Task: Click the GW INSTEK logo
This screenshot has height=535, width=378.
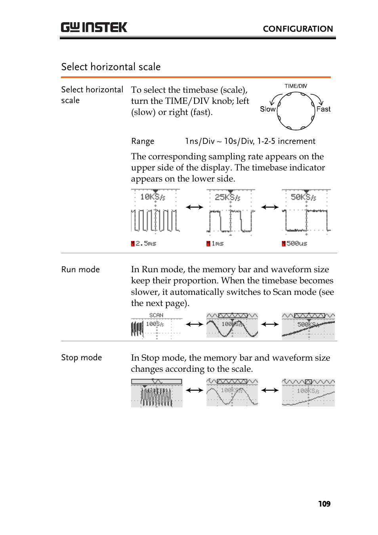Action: click(x=94, y=27)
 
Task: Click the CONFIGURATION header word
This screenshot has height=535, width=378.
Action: click(x=298, y=29)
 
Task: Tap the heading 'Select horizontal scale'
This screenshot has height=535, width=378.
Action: click(x=111, y=67)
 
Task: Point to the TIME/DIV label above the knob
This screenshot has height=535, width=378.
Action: click(x=296, y=86)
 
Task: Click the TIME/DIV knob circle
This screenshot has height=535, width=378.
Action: click(x=296, y=111)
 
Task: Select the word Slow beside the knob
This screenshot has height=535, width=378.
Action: click(x=267, y=109)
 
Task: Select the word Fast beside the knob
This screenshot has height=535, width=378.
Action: click(x=323, y=109)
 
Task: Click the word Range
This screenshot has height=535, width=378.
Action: click(x=143, y=141)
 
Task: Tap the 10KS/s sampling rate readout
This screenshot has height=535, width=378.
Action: click(x=153, y=197)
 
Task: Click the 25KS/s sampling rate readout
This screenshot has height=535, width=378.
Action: click(x=227, y=197)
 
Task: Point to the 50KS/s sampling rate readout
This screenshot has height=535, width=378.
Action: click(x=303, y=197)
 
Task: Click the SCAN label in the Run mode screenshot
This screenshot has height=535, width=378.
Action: click(x=156, y=315)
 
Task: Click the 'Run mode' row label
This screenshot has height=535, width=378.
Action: click(x=80, y=269)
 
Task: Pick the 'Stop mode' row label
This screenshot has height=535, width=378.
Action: click(x=81, y=357)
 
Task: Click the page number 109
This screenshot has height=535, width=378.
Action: click(x=324, y=504)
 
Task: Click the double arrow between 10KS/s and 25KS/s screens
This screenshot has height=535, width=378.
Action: click(x=195, y=207)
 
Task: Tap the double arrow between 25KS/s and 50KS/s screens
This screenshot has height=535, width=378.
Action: click(x=270, y=207)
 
